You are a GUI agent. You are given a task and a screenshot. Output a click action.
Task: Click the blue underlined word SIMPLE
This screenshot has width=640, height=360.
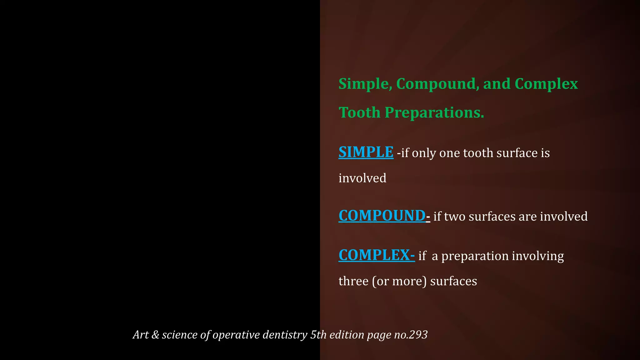pyautogui.click(x=366, y=152)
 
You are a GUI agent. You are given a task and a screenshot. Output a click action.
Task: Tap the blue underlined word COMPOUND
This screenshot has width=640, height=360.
pyautogui.click(x=382, y=216)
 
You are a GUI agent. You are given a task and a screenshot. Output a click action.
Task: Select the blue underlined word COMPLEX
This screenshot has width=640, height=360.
pyautogui.click(x=374, y=255)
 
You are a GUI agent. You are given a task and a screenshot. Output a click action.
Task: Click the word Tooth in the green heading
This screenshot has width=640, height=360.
pyautogui.click(x=359, y=112)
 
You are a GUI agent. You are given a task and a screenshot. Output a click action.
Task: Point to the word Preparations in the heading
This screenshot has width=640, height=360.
pyautogui.click(x=434, y=112)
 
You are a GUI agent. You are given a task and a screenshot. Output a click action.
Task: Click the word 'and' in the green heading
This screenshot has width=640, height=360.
pyautogui.click(x=497, y=84)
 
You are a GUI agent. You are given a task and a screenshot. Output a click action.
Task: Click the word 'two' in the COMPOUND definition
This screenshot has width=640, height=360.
pyautogui.click(x=455, y=217)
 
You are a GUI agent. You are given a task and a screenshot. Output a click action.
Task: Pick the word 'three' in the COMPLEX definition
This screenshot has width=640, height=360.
pyautogui.click(x=353, y=281)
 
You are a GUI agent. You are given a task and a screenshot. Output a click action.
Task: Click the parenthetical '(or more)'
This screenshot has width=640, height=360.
pyautogui.click(x=399, y=281)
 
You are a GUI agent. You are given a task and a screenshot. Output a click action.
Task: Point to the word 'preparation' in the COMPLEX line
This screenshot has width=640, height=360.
pyautogui.click(x=475, y=256)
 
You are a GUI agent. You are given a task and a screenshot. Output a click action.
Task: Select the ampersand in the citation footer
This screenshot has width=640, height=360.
pyautogui.click(x=155, y=335)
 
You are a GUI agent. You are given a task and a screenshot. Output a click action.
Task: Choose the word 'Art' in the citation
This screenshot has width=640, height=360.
pyautogui.click(x=141, y=335)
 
